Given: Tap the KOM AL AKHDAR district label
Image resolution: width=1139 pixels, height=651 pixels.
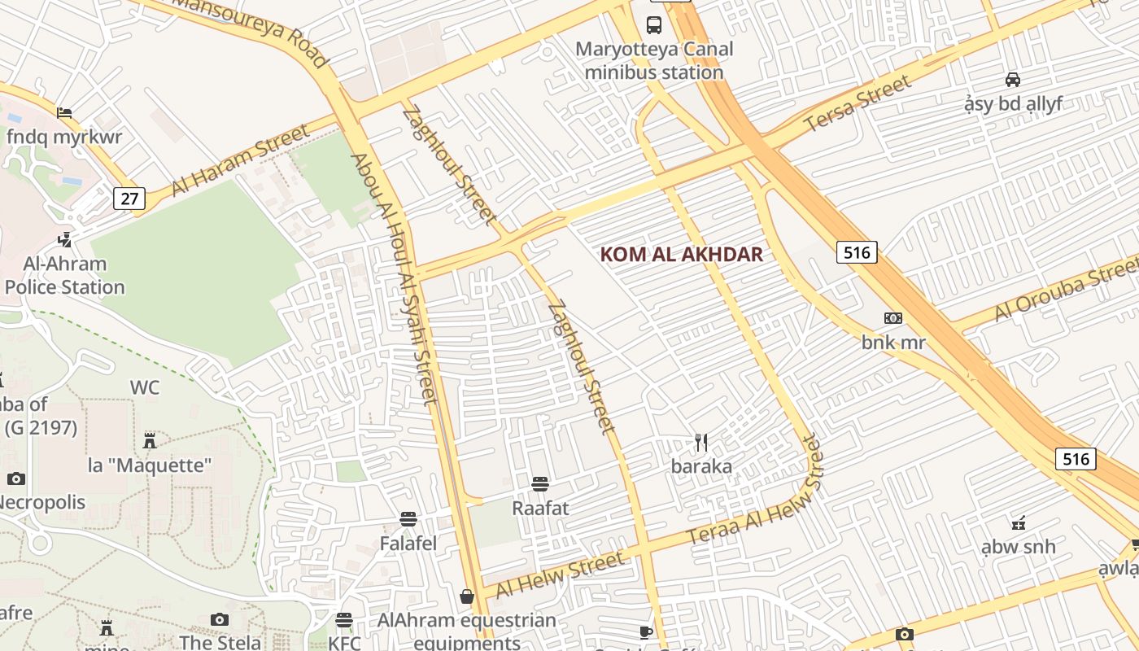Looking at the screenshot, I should [x=682, y=254].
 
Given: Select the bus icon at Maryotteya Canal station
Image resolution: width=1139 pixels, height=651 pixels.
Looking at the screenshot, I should [x=654, y=24].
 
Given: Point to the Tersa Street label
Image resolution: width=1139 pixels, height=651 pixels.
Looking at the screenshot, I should [x=858, y=103].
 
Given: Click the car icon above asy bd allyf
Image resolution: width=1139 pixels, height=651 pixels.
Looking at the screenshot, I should [x=1013, y=79].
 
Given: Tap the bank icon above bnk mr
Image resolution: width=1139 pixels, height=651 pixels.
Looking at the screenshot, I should [x=893, y=318].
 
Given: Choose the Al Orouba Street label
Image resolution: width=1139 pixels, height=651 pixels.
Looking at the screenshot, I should [x=1066, y=291].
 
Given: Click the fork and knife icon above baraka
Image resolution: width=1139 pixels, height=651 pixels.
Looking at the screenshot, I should [x=701, y=443].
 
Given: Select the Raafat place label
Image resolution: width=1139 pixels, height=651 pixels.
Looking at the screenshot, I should [x=540, y=508].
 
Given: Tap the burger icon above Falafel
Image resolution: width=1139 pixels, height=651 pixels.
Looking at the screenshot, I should [x=408, y=518].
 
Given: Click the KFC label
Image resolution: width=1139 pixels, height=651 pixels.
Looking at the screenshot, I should [x=344, y=643].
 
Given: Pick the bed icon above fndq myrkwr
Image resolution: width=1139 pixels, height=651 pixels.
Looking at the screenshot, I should [x=64, y=112].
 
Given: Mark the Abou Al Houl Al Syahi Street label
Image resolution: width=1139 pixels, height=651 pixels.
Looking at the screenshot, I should [x=395, y=277].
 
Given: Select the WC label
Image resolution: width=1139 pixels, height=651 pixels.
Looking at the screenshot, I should [x=145, y=387].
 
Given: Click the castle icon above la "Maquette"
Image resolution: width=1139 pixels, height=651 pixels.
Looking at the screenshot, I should [x=149, y=441].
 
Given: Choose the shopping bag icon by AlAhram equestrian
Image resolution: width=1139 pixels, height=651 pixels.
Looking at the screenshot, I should [x=467, y=597].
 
